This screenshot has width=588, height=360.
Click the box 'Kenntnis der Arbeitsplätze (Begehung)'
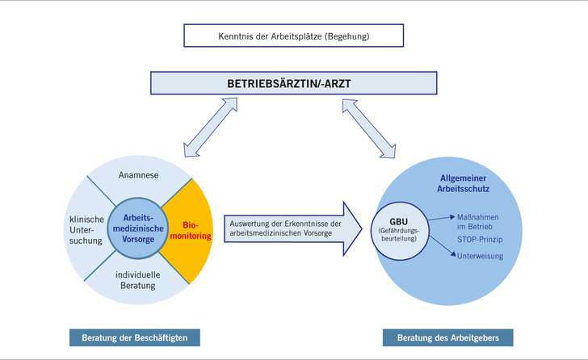click(x=293, y=36)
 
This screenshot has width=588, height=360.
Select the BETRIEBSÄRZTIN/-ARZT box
click(x=293, y=84)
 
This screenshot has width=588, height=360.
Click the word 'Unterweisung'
click(x=480, y=256)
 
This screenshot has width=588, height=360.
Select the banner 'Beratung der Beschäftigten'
click(x=134, y=336)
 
